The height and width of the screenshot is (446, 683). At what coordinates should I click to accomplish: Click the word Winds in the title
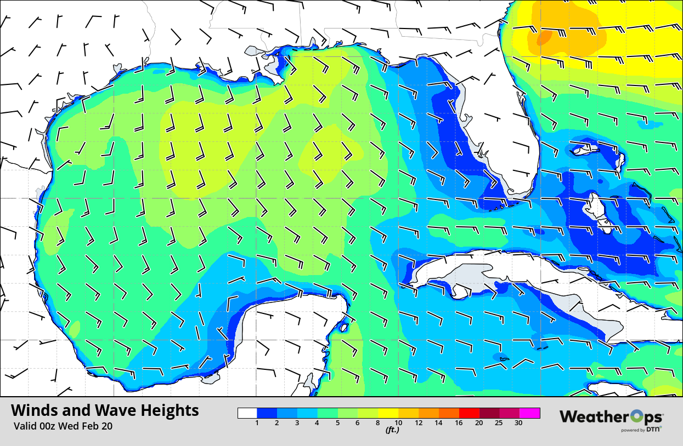point(32,410)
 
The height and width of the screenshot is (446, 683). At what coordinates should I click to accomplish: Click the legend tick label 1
point(257,423)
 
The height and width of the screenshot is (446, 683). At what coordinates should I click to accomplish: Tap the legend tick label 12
point(419,423)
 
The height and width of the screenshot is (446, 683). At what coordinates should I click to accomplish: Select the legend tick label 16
point(459,423)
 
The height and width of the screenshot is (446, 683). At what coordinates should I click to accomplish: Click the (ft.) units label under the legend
point(392,430)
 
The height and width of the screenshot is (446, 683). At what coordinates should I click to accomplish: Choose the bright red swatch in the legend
point(469,413)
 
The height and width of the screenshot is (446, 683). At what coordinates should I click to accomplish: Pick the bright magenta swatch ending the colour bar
point(530,413)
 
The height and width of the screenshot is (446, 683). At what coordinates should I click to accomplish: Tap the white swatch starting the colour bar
point(247,413)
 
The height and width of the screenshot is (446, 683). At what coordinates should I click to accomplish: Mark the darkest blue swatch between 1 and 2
point(267,413)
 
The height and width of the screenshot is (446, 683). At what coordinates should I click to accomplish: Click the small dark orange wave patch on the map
point(544,37)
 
